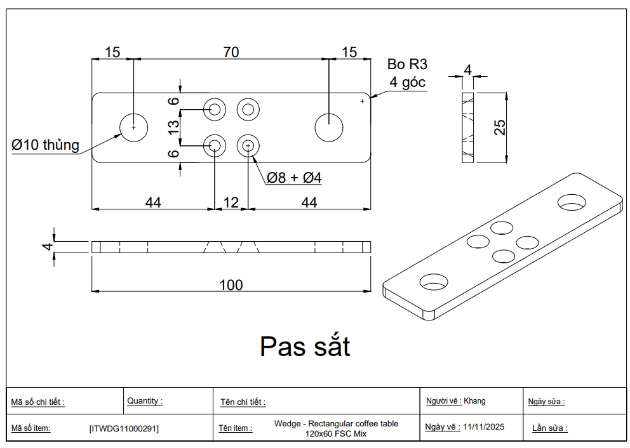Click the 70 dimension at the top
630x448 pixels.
pos(231,52)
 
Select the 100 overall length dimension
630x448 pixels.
pos(231,285)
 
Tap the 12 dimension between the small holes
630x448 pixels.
pos(231,202)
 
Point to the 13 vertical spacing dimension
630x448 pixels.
pos(173,128)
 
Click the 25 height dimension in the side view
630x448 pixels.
pos(499,128)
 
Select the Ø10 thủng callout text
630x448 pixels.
pos(45,145)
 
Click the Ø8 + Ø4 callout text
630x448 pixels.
pos(294,178)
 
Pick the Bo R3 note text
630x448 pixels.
pos(408,64)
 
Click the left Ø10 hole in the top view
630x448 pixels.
pos(134,128)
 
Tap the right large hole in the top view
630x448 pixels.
pos(329,128)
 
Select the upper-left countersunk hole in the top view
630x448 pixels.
pos(215,109)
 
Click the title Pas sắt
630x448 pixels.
pos(305,346)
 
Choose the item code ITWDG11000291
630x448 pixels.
pos(124,429)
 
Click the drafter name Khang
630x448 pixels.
pos(474,401)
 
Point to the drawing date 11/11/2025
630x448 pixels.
pos(484,426)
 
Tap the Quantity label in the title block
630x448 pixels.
pos(145,400)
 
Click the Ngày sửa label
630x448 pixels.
pos(546,402)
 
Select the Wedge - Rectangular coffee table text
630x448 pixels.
pos(337,423)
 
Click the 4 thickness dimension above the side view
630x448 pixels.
pos(467,70)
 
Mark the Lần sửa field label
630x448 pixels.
pos(550,428)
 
